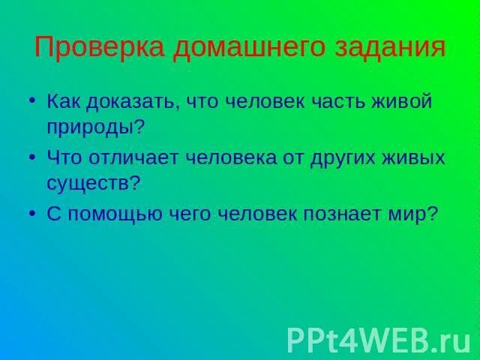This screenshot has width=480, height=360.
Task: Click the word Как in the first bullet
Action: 62,100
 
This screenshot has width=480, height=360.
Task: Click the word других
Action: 352,158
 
